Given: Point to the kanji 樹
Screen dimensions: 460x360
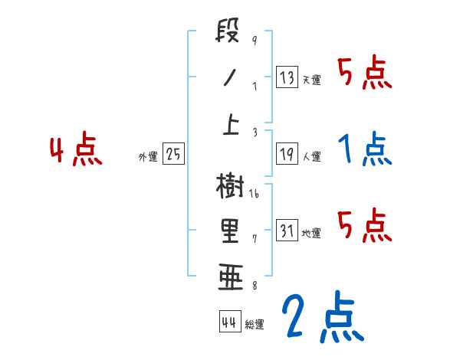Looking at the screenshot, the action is [229, 186].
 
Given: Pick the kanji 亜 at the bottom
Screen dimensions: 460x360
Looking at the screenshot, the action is [229, 277].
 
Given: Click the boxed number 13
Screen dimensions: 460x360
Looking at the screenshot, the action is [287, 77].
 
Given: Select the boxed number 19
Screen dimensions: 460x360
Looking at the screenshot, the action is [287, 153].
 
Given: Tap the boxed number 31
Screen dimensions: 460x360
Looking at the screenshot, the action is [287, 230].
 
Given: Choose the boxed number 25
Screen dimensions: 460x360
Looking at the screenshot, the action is [173, 154].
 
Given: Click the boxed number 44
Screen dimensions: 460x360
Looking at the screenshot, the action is [228, 322].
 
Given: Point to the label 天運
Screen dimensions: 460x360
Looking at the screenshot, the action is [311, 80].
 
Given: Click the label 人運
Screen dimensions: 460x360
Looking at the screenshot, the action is [311, 156].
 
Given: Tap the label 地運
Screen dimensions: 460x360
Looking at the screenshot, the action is [311, 233].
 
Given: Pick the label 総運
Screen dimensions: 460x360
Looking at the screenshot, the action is [254, 324].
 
